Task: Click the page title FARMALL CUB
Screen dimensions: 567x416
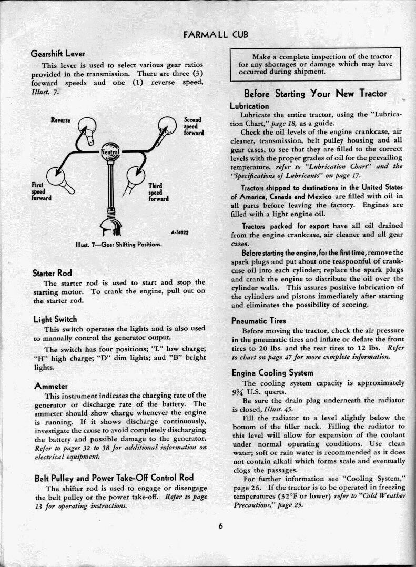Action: click(215, 35)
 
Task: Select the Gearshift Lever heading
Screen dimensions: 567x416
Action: click(58, 54)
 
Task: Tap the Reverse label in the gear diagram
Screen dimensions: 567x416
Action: click(60, 120)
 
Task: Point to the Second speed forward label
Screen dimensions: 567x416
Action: click(193, 127)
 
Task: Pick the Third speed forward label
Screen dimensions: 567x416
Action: click(158, 193)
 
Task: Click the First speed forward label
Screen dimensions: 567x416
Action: click(39, 191)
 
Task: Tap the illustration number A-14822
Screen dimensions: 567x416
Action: click(179, 232)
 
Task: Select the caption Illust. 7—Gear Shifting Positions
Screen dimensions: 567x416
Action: click(118, 245)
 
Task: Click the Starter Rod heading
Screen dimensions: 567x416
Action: click(52, 272)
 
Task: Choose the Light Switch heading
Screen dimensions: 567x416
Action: click(55, 319)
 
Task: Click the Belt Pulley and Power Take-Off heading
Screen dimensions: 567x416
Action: click(114, 478)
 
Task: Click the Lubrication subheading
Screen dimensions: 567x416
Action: click(250, 106)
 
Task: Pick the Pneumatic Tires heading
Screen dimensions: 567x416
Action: click(258, 321)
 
